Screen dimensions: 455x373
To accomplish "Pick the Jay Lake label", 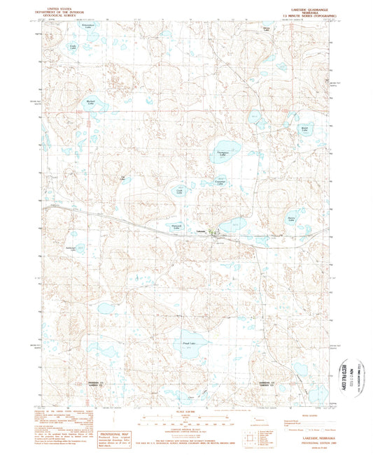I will [124, 178].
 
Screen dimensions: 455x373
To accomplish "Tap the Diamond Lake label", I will [177, 226].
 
